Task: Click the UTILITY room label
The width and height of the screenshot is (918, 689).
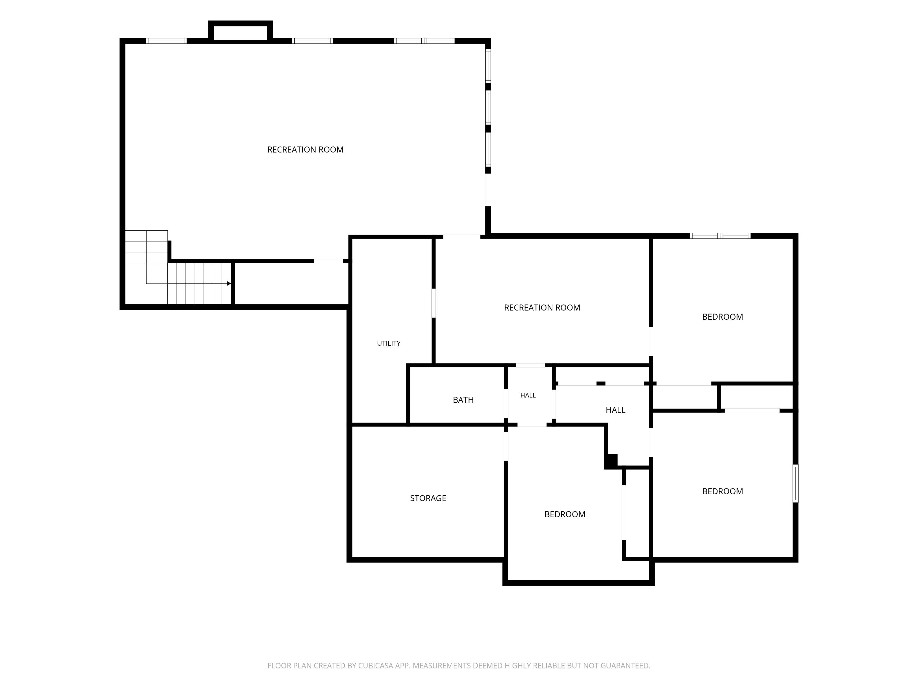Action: tap(388, 343)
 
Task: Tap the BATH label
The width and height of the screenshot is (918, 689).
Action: tap(463, 400)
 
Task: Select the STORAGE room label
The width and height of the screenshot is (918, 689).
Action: tap(428, 498)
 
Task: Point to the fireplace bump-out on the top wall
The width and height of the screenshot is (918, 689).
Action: tap(240, 31)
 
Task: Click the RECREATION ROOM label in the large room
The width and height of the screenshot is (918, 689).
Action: tap(305, 149)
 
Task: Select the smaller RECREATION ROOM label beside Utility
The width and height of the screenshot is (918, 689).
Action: tap(542, 308)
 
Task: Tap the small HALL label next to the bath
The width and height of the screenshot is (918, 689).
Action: tap(528, 395)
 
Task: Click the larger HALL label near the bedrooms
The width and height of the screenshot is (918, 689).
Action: tap(615, 410)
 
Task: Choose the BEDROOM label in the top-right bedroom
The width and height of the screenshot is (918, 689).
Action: tap(722, 317)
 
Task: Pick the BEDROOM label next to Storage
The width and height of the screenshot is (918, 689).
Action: tap(565, 514)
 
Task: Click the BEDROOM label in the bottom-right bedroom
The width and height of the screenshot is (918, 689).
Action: tap(722, 491)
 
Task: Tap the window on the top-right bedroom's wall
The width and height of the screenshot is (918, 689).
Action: tap(720, 236)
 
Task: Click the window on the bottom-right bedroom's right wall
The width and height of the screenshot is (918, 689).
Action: tap(796, 484)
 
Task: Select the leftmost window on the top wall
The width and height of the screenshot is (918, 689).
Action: tap(166, 41)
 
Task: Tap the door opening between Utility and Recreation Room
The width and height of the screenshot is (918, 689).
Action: tap(434, 303)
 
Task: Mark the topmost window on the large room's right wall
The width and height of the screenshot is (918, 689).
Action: tap(488, 66)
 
